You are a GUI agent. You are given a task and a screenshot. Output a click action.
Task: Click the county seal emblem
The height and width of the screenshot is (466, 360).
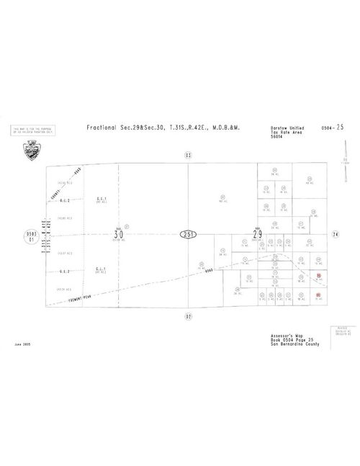31,151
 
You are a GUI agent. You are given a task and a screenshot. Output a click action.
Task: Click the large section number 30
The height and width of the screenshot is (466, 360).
119,233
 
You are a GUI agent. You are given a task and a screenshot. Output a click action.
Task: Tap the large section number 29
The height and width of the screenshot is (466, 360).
256,233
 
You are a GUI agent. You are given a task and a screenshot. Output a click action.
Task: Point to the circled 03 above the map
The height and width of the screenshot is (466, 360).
188,154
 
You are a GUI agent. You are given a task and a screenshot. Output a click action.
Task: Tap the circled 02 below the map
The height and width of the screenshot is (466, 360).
188,315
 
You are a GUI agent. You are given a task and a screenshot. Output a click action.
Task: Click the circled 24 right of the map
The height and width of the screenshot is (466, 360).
336,233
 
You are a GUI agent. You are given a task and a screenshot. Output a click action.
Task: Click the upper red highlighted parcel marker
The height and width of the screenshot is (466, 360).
318,276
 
